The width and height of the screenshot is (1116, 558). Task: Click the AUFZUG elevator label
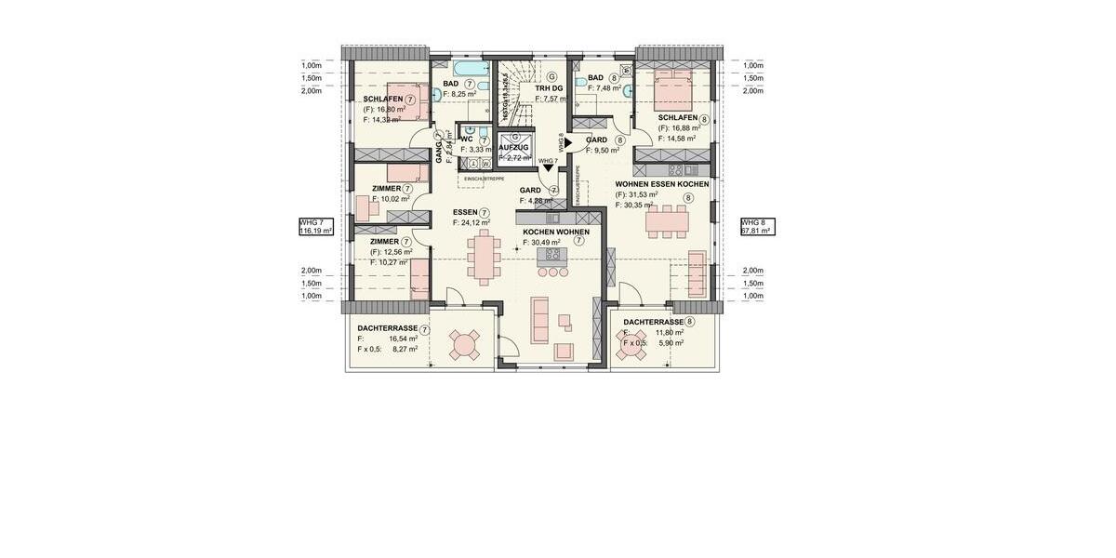(513, 148)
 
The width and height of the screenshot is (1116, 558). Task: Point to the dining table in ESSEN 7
(484, 258)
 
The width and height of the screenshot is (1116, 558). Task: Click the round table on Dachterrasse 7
(462, 345)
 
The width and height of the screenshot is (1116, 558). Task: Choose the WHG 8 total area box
(757, 227)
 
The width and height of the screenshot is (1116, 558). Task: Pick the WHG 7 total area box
(315, 227)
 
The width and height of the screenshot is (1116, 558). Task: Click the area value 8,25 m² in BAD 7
(463, 94)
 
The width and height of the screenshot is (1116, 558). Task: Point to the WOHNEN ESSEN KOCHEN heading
(661, 184)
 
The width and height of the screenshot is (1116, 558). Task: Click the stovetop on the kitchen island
(554, 253)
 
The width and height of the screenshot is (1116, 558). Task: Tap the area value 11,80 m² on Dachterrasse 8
(670, 332)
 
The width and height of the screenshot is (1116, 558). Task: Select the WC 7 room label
(466, 139)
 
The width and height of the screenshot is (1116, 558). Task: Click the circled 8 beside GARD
(619, 139)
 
